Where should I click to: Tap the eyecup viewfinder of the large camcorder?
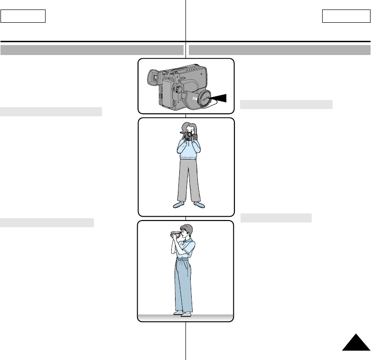pos(153,77)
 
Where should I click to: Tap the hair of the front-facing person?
pos(186,127)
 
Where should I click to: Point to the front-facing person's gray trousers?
pos(188,180)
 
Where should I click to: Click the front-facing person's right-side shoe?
pos(199,204)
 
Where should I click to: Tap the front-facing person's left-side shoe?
pos(178,204)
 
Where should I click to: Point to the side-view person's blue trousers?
pos(183,285)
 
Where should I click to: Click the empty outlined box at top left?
pos(23,17)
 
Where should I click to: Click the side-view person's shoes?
pos(183,314)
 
